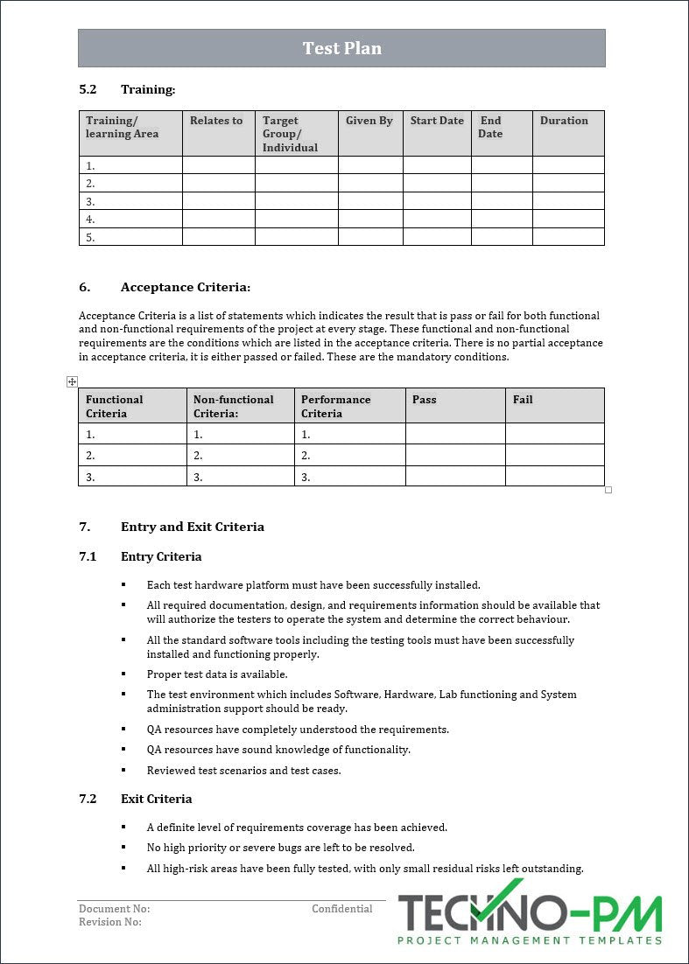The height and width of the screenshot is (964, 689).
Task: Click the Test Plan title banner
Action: pos(341,48)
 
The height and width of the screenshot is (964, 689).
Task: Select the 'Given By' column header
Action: pos(369,121)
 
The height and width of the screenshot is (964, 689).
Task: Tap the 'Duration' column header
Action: pos(564,121)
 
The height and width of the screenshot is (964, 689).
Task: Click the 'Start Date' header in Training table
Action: pos(437,121)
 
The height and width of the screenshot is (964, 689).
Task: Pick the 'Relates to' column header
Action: pos(216,121)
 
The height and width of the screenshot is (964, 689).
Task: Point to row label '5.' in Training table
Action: pos(90,237)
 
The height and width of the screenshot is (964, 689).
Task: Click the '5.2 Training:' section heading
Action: pos(127,89)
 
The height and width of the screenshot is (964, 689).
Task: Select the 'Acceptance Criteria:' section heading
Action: pos(186,287)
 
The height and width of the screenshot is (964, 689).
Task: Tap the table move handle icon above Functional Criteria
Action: pos(72,381)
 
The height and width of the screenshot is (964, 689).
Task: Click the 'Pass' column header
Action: pos(425,400)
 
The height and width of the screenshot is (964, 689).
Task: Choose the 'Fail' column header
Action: pos(523,400)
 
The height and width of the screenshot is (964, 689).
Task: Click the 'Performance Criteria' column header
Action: pos(336,406)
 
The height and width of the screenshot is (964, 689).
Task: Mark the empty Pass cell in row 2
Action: pos(455,455)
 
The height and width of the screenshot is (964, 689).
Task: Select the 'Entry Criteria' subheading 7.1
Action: pos(161,556)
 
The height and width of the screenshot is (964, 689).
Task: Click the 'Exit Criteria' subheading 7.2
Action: pos(156,799)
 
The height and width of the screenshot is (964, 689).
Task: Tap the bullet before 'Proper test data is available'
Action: pos(124,674)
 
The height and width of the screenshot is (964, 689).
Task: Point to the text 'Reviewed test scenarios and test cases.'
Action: pos(243,771)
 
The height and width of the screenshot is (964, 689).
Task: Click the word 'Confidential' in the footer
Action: pos(342,909)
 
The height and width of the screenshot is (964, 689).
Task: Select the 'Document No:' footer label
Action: pos(114,909)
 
